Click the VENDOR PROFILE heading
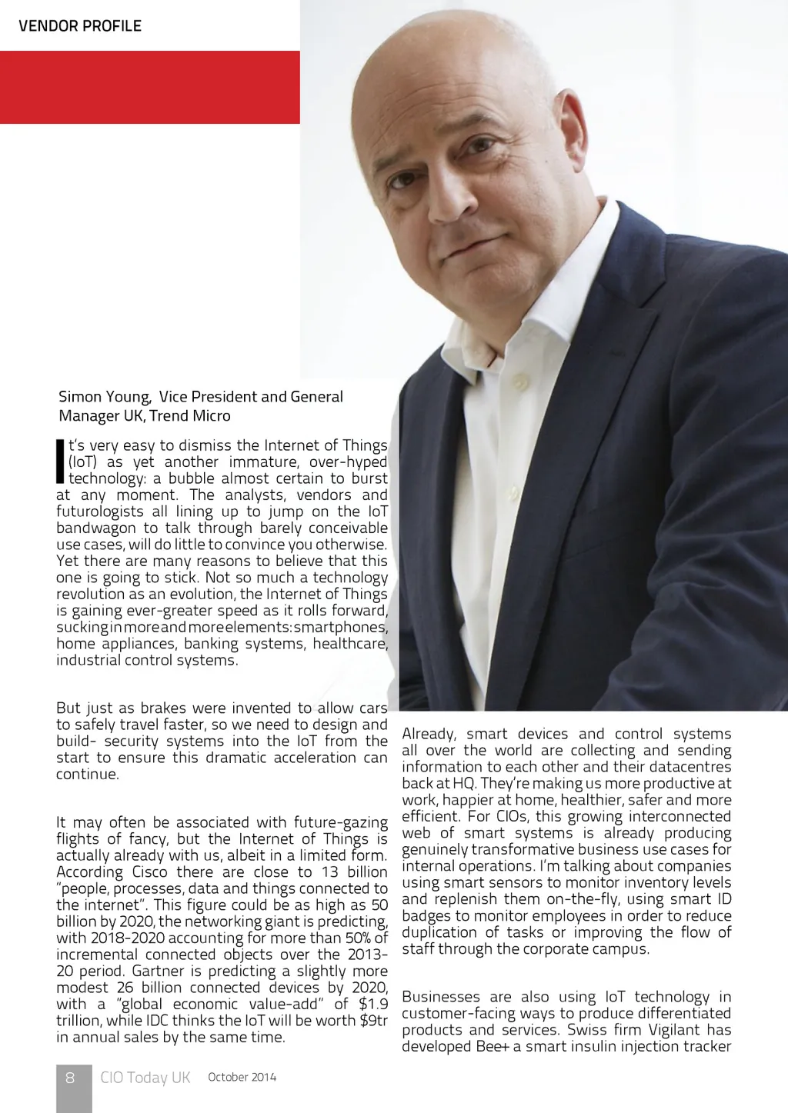pyautogui.click(x=80, y=25)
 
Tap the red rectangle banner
pyautogui.click(x=149, y=87)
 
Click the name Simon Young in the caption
pyautogui.click(x=104, y=397)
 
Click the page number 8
pyautogui.click(x=70, y=1078)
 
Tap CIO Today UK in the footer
pyautogui.click(x=145, y=1078)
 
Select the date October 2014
pyautogui.click(x=242, y=1077)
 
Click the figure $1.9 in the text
pyautogui.click(x=373, y=1004)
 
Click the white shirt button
pyautogui.click(x=520, y=382)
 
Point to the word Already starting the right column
pyautogui.click(x=429, y=735)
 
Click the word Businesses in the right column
pyautogui.click(x=441, y=997)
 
